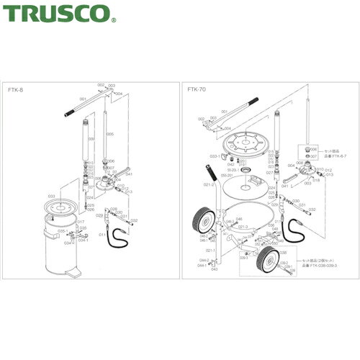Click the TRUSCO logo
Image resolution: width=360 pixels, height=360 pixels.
(57, 12)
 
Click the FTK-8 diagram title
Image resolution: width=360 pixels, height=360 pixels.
(17, 91)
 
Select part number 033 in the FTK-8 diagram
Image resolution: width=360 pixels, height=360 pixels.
(51, 196)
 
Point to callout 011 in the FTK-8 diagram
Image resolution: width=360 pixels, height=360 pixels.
(102, 234)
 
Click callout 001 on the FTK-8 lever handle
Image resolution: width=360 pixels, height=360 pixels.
(83, 99)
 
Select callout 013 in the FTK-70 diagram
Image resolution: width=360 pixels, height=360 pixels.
(330, 174)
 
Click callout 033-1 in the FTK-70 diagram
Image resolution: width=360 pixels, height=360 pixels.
(214, 156)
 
